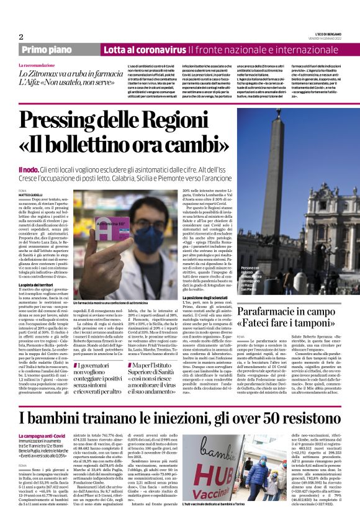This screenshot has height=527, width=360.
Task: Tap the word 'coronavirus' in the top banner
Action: click(157, 49)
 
